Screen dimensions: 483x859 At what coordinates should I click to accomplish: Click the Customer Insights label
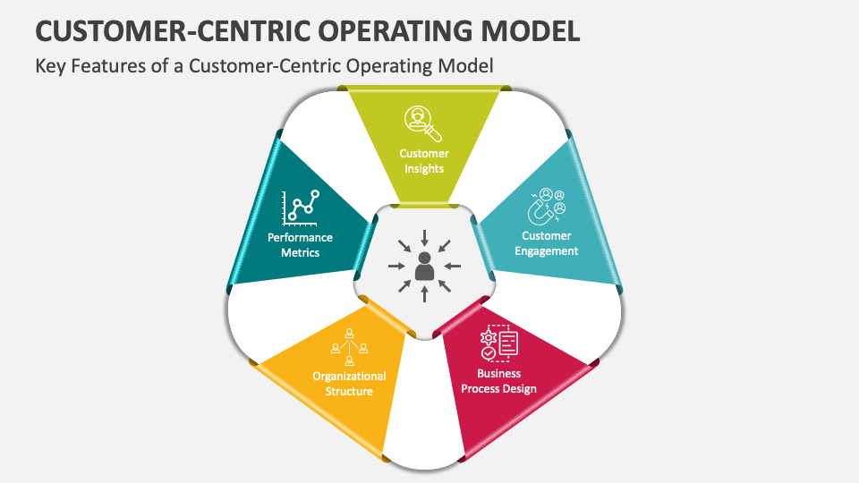click(x=424, y=161)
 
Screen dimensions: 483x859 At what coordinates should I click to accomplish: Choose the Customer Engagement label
click(x=547, y=243)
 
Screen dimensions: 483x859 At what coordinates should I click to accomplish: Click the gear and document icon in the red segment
click(x=498, y=343)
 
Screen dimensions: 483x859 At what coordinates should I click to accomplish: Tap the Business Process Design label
click(x=498, y=381)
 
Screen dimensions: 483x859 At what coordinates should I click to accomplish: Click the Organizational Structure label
click(x=349, y=384)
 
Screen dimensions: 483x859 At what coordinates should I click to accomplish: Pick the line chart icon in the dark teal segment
click(x=301, y=208)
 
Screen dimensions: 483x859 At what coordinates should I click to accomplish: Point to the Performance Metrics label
click(x=301, y=245)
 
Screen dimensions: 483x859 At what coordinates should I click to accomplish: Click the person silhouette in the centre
click(x=424, y=266)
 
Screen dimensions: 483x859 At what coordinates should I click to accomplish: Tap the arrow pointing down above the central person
click(x=424, y=237)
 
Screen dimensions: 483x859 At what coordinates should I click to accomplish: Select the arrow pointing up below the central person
click(x=424, y=294)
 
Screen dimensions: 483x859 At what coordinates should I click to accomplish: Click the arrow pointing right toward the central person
click(x=395, y=266)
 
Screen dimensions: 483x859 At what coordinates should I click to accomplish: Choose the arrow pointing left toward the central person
click(x=453, y=266)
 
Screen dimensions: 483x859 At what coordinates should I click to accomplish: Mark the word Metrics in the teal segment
click(x=301, y=252)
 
